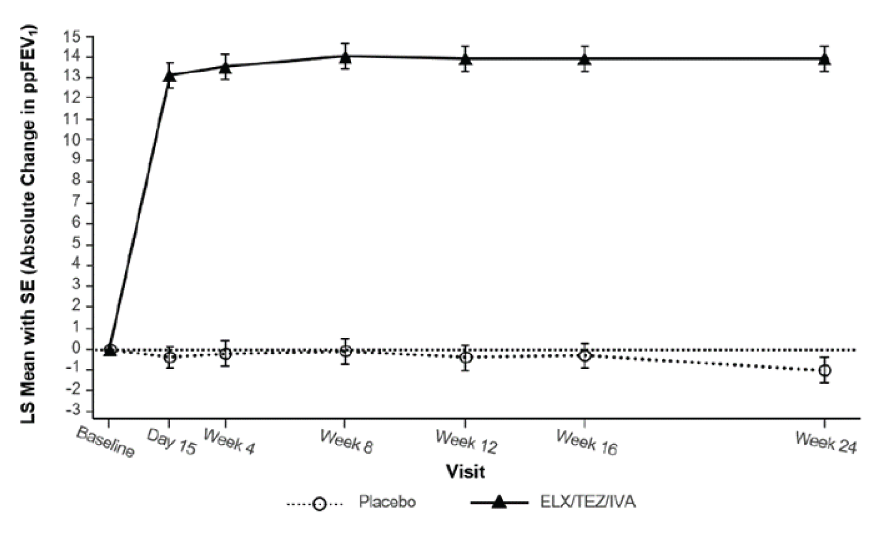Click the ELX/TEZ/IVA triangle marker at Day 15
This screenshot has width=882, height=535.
point(169,75)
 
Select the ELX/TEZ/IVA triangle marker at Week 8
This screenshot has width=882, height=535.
point(345,56)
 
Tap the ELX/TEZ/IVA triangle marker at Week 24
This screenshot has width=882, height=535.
point(824,59)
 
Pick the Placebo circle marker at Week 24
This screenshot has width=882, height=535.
point(824,370)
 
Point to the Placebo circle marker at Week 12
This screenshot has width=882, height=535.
point(466,357)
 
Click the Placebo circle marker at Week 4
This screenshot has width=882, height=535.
point(225,353)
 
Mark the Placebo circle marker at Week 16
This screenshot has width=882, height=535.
point(585,356)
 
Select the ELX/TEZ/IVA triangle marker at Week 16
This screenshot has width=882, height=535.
point(585,59)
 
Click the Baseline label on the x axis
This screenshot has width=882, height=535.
point(105,443)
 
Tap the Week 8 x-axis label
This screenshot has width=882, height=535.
point(346,442)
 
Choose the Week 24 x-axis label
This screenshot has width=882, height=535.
point(826,442)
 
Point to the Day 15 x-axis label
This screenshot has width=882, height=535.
point(171,442)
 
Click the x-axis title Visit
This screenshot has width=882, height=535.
point(465,472)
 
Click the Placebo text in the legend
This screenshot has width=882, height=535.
point(387,502)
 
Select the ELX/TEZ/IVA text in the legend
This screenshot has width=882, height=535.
point(587,502)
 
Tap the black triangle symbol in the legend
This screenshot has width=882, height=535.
point(499,503)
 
